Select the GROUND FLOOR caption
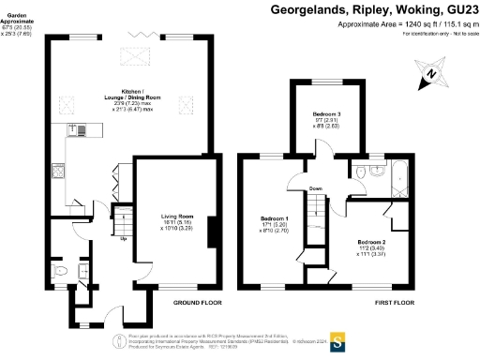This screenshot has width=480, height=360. (x=197, y=304)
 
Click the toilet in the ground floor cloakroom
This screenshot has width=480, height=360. (x=60, y=272)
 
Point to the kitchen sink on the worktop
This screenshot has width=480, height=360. (x=81, y=131)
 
